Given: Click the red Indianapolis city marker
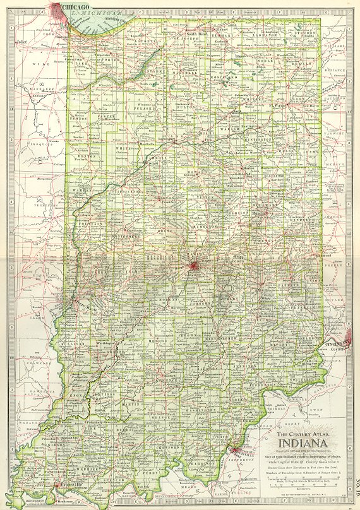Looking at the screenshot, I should coord(193,266).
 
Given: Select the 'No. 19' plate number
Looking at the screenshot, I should coord(355,489).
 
